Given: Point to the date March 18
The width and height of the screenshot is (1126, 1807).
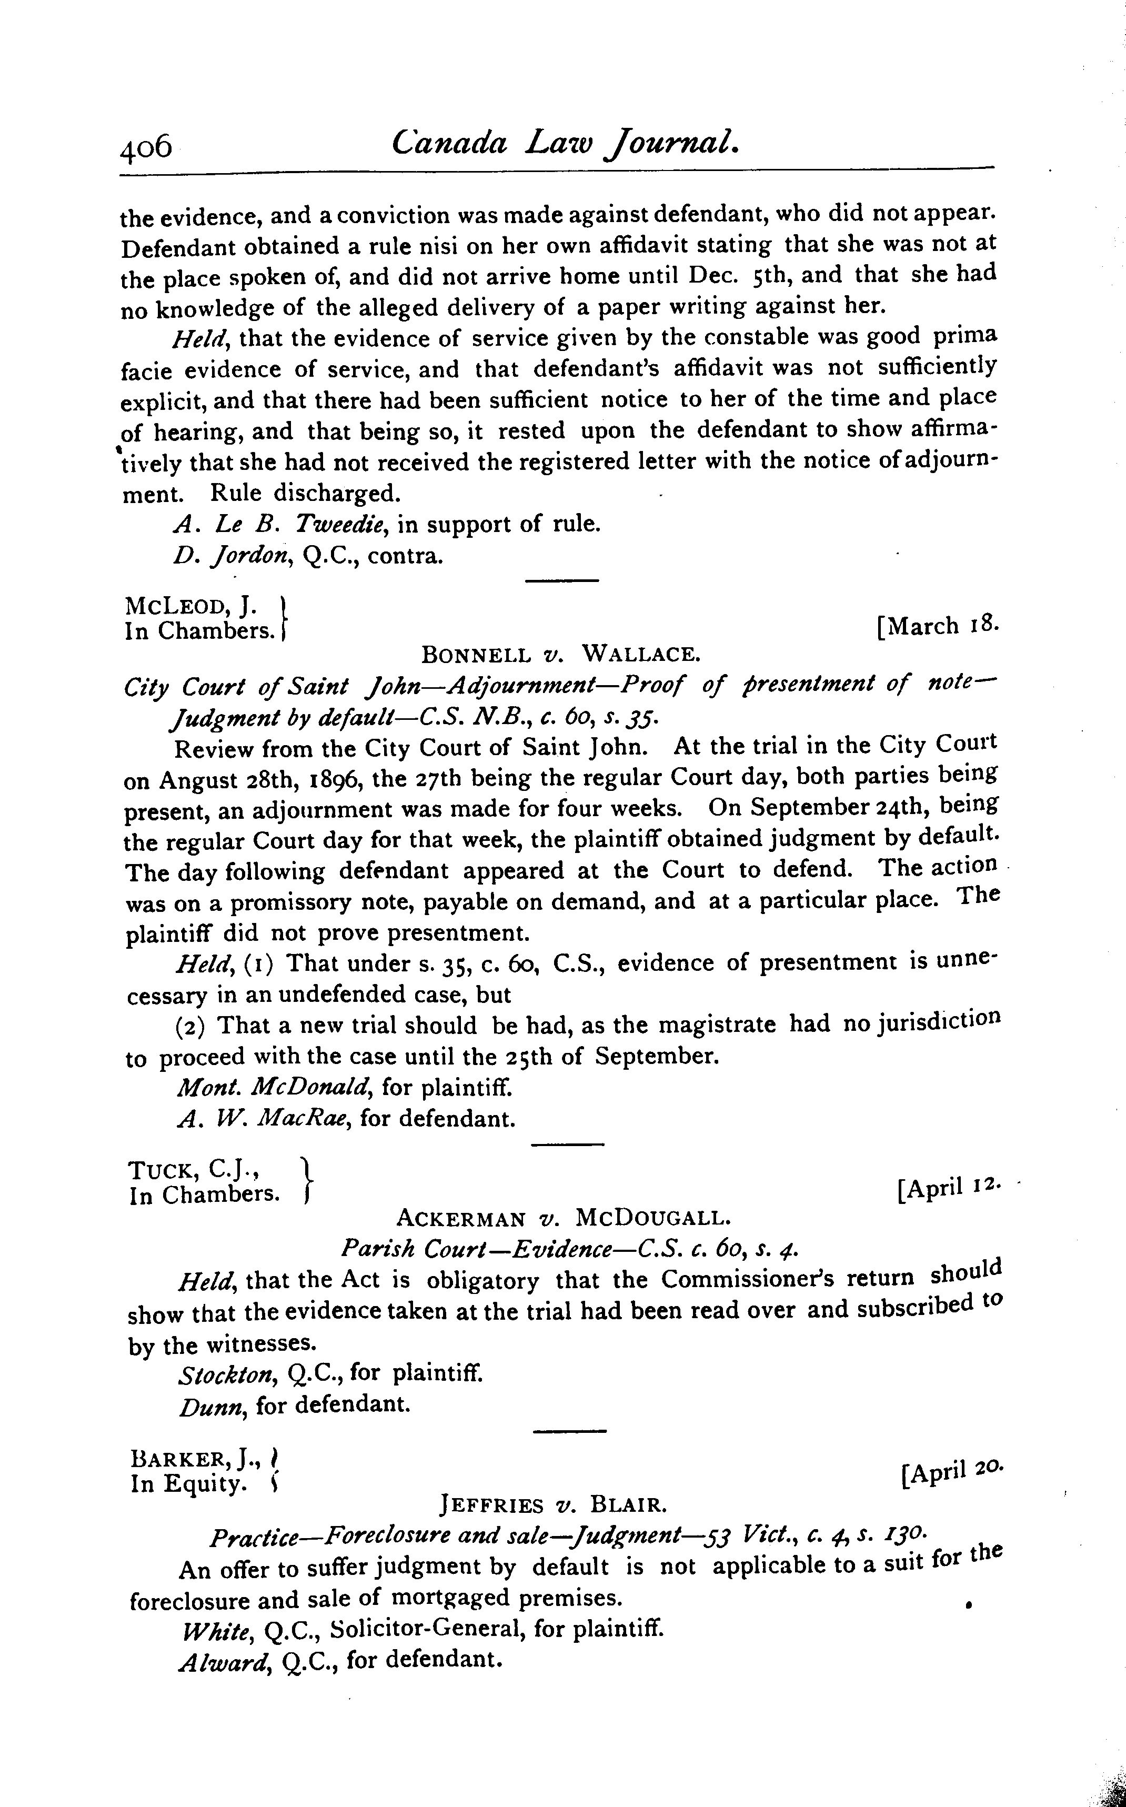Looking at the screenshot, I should click(938, 626).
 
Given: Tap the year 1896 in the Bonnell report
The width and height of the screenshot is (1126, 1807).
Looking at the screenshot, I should click(314, 779).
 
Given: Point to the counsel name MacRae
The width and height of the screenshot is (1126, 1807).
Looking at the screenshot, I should click(303, 1119).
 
